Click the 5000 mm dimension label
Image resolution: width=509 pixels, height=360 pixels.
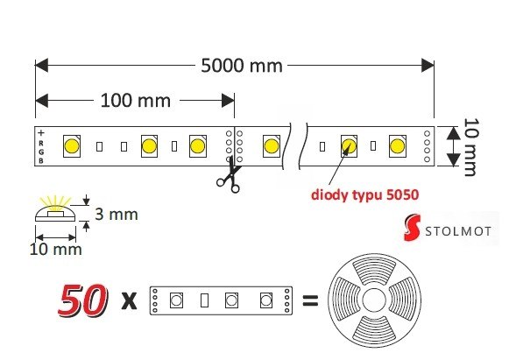point(242,66)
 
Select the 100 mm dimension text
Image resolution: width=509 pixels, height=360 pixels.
point(136,101)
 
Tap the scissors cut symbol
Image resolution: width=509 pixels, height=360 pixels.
point(229,175)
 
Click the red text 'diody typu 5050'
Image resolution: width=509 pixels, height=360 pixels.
point(364,194)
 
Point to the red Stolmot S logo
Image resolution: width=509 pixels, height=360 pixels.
point(413,227)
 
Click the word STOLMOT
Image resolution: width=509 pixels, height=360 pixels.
point(458,231)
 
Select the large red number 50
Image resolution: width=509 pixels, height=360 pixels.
point(83,300)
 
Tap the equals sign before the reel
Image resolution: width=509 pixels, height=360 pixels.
point(310,300)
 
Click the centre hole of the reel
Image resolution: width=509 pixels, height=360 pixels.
point(374,300)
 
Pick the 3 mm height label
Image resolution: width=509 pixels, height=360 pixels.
point(117,215)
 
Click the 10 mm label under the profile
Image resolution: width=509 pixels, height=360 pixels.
point(55,250)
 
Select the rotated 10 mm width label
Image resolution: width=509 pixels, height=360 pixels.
point(471,147)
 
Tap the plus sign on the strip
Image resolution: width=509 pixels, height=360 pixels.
point(41,133)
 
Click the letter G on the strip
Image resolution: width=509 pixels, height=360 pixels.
point(41,152)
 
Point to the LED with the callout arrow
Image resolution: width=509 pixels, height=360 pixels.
point(349,146)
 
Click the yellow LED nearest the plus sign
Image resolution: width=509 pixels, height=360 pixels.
point(72,146)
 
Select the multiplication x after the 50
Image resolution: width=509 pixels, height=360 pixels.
point(129,301)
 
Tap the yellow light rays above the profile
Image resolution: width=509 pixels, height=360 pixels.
point(55,202)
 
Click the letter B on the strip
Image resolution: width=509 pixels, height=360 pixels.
point(41,160)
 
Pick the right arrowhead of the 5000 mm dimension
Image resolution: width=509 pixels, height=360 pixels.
point(428,65)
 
